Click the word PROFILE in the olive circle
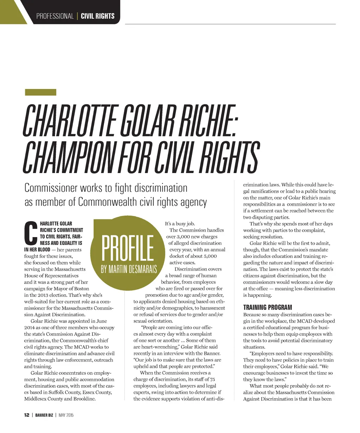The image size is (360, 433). click(x=128, y=249)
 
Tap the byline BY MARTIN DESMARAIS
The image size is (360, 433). click(x=129, y=269)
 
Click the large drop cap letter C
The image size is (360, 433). click(x=31, y=233)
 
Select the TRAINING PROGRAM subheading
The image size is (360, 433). click(x=268, y=307)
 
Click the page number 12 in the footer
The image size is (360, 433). click(x=26, y=415)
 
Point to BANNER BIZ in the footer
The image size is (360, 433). click(x=44, y=415)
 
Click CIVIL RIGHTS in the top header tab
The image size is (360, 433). click(x=97, y=16)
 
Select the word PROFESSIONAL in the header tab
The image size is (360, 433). click(x=55, y=16)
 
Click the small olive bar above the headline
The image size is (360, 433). click(x=40, y=93)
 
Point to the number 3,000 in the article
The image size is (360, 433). click(x=184, y=237)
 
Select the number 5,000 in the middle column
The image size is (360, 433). click(x=208, y=256)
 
